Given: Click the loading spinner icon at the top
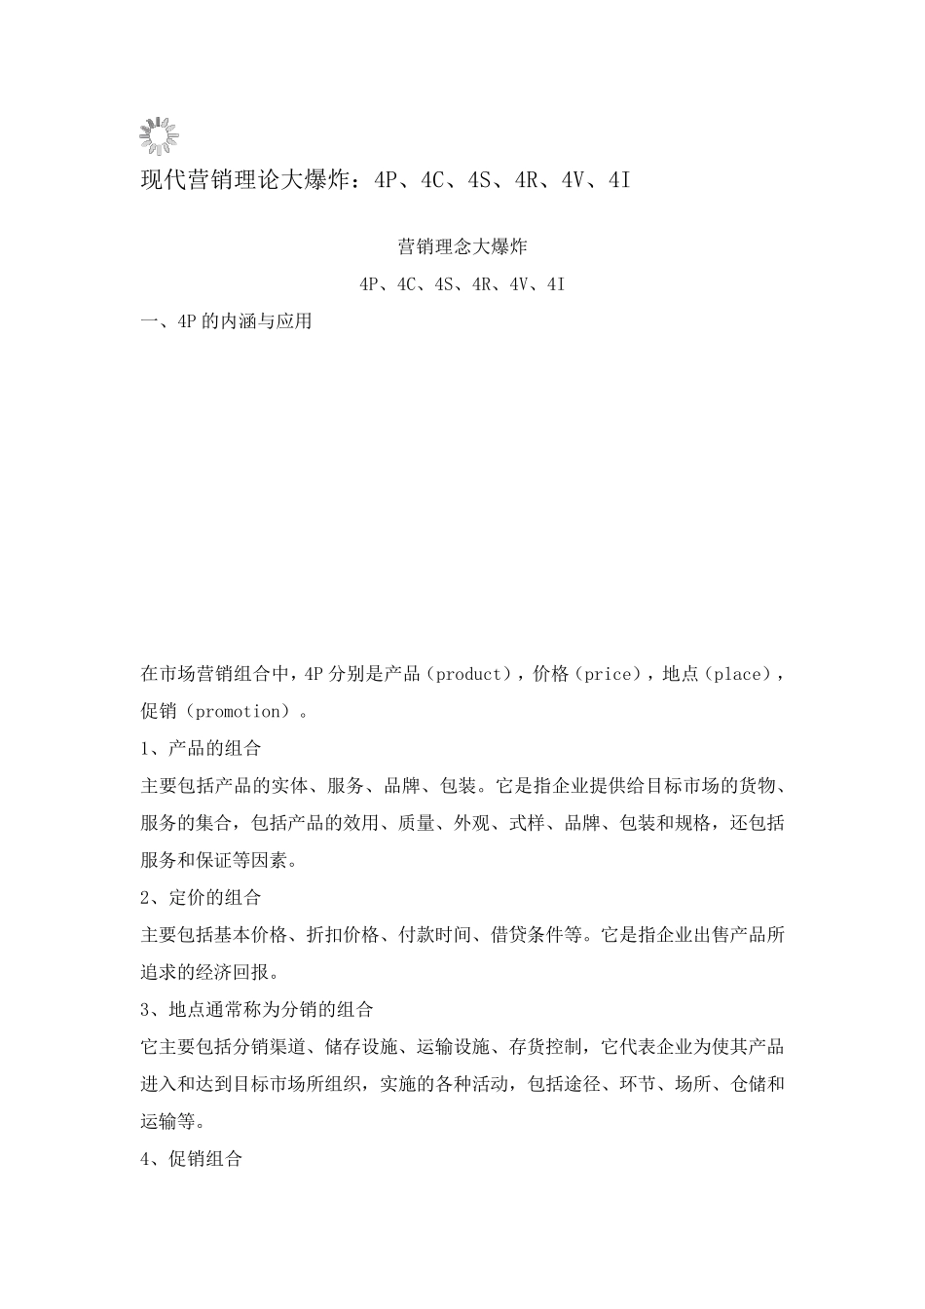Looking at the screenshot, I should [x=159, y=136].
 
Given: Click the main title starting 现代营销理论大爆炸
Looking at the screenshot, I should [x=386, y=180].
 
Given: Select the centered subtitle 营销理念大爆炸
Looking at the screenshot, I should [x=462, y=246].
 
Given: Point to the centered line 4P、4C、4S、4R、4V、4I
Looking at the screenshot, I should [x=462, y=284].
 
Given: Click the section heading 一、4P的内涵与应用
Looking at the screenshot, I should [x=227, y=321].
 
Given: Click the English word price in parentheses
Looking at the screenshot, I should [x=607, y=674].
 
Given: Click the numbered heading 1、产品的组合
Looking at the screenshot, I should [x=202, y=748].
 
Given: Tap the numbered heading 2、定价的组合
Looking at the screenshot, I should [x=202, y=897].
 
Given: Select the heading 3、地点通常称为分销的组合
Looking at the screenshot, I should [x=257, y=1009].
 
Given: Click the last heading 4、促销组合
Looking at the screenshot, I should [x=192, y=1159].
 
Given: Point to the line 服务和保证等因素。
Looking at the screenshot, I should [x=220, y=860].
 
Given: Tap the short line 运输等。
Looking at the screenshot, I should [x=173, y=1121].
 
